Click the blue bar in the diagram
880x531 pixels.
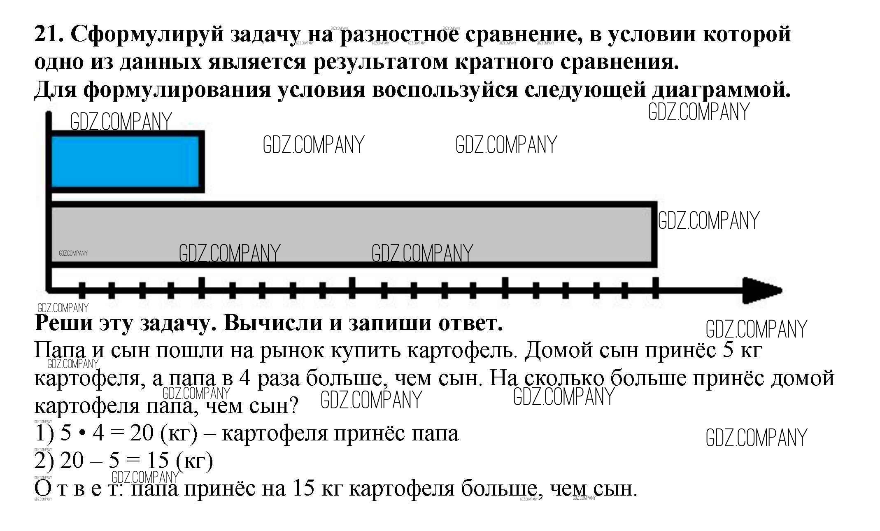click(x=125, y=161)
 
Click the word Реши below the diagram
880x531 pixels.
click(x=63, y=323)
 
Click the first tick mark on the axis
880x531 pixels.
click(x=82, y=290)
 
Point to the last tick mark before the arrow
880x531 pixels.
click(x=655, y=288)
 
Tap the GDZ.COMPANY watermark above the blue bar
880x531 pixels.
click(x=121, y=121)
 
